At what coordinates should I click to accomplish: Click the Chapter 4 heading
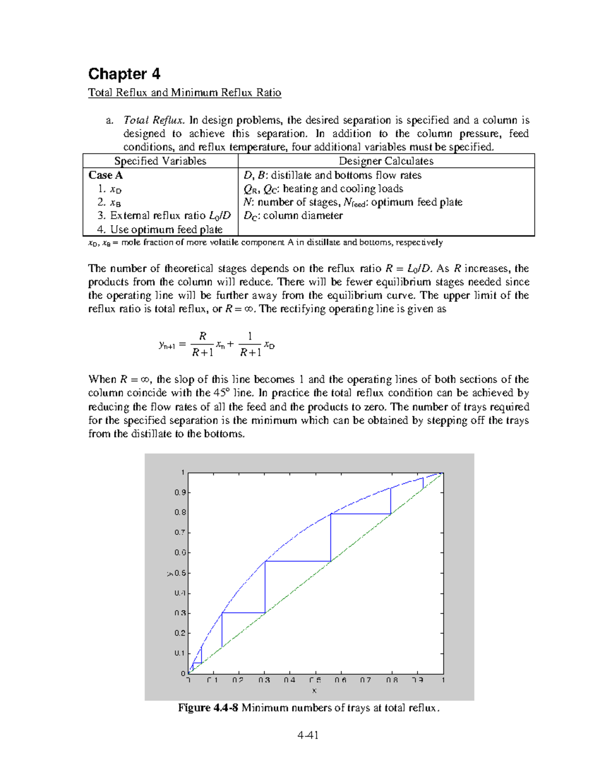click(124, 74)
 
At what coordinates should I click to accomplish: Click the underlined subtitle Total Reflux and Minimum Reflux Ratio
click(184, 93)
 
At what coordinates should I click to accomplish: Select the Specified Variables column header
click(160, 161)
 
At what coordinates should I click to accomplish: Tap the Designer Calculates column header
click(386, 161)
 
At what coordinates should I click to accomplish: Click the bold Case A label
click(105, 175)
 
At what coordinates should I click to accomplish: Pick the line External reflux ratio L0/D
click(164, 216)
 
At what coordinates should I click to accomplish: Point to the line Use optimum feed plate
click(159, 230)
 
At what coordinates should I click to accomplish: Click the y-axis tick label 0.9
click(180, 492)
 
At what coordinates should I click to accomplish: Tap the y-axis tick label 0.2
click(180, 633)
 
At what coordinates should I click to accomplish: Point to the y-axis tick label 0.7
click(180, 532)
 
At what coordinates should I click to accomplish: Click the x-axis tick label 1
click(443, 680)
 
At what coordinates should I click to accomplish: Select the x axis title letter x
click(314, 690)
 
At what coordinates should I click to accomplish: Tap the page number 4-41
click(307, 735)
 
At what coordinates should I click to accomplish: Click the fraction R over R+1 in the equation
click(202, 344)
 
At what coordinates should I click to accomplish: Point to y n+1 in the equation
click(166, 345)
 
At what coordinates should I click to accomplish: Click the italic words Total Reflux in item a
click(154, 120)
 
